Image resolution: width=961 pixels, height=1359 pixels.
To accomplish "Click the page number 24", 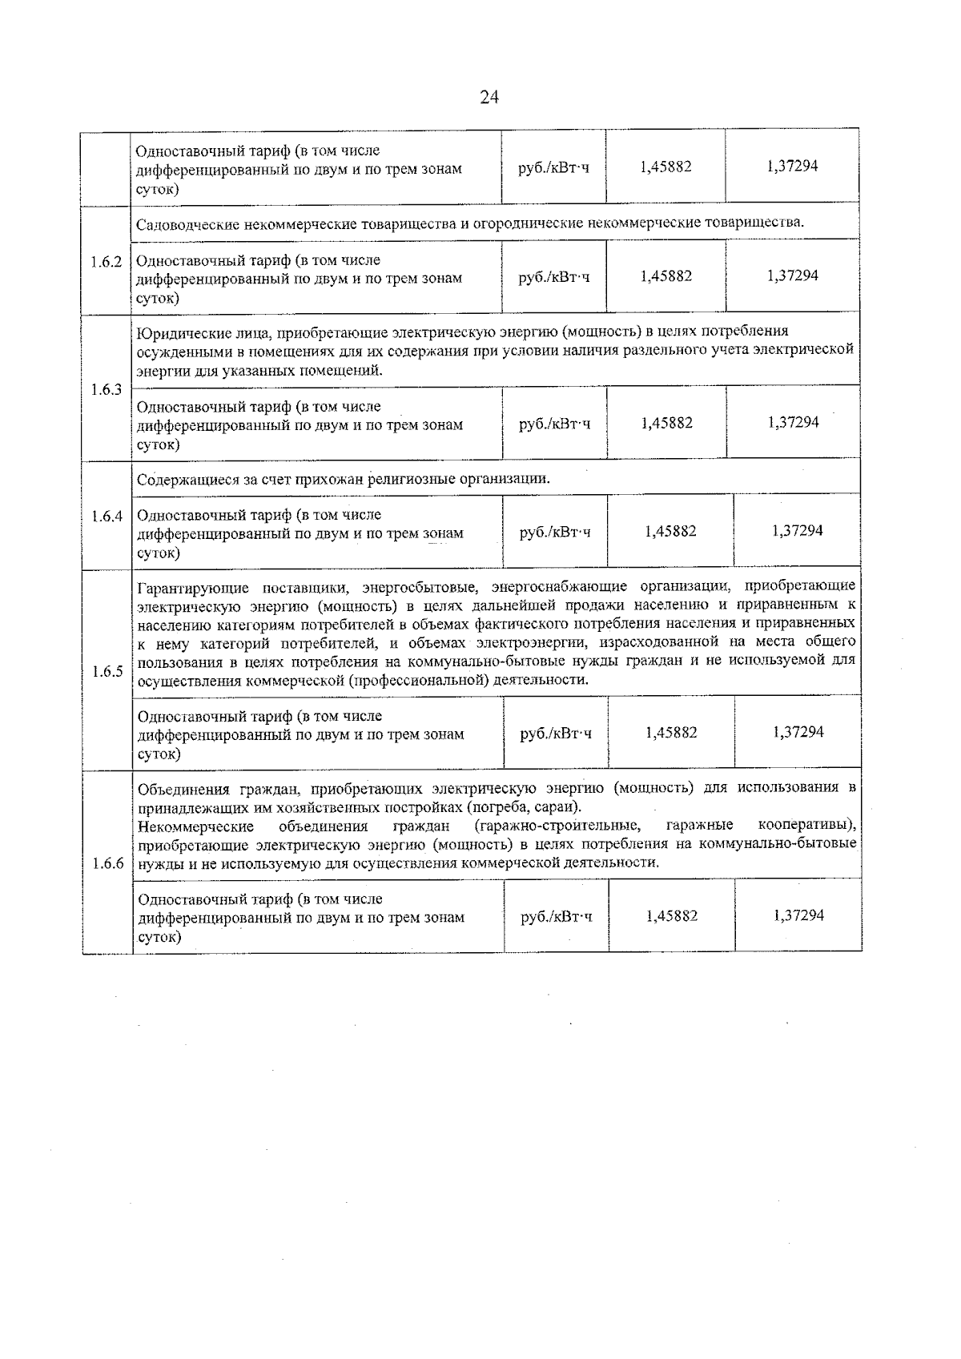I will [x=489, y=98].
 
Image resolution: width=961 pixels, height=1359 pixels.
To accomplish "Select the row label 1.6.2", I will [x=107, y=262].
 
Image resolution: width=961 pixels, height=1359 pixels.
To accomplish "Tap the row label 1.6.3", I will [x=107, y=389].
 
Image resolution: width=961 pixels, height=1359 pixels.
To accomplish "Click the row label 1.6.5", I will [x=107, y=671].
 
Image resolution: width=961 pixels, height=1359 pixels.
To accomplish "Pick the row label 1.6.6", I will [x=107, y=863].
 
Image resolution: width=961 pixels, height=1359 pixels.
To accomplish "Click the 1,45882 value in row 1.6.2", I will [x=666, y=276].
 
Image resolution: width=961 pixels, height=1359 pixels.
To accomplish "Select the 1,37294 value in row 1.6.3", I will [x=793, y=422].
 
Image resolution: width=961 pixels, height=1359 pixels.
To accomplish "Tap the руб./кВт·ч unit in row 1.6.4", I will [x=555, y=532].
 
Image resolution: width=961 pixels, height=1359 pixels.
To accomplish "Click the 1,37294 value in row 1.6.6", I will [x=798, y=915].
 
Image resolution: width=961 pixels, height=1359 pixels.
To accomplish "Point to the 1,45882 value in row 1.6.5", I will [x=671, y=732].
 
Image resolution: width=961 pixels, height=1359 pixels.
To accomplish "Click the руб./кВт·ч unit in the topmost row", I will [x=554, y=167].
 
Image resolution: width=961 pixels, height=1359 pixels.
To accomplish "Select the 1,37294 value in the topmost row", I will [x=792, y=166].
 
